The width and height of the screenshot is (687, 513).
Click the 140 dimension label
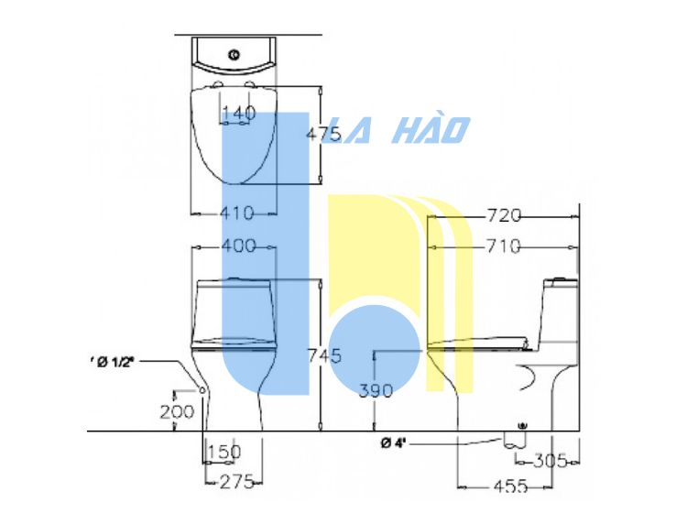(x=239, y=114)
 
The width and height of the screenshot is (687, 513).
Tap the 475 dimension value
(x=323, y=134)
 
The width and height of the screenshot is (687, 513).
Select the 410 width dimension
(x=237, y=213)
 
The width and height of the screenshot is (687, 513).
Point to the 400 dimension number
(x=239, y=246)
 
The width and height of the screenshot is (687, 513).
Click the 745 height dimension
(x=324, y=355)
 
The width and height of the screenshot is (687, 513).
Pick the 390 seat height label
(x=376, y=391)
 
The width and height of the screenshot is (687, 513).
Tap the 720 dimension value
(x=504, y=215)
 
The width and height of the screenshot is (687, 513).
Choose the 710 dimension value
(x=504, y=246)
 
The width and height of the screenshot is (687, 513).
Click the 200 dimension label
(x=177, y=412)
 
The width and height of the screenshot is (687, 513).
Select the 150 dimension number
(x=224, y=452)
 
